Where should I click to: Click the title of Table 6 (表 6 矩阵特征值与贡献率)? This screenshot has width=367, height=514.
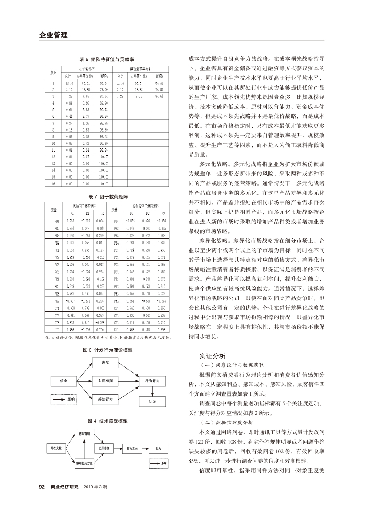click(x=107, y=59)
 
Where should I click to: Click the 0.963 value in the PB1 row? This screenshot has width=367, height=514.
click(x=70, y=220)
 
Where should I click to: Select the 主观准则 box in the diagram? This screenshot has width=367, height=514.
click(x=105, y=381)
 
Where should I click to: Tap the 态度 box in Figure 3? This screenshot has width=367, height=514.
click(x=105, y=362)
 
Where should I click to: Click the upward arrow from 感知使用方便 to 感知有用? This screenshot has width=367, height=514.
click(x=84, y=448)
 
